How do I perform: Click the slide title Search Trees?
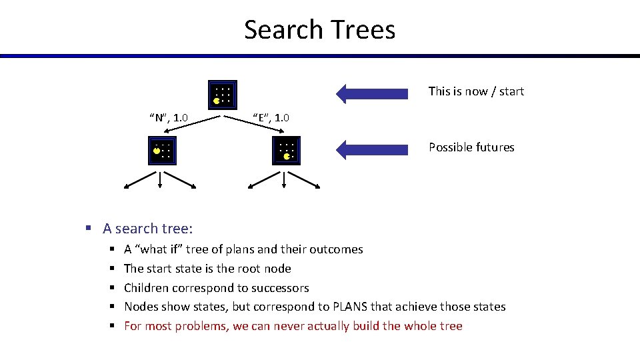(319, 29)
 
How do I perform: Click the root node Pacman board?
(222, 95)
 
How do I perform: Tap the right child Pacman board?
(287, 150)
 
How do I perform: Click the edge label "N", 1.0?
(168, 119)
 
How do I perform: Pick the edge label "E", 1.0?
(271, 118)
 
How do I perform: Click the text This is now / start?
(476, 91)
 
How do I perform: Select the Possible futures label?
(471, 147)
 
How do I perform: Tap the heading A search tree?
(147, 229)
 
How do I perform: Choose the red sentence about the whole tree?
(293, 326)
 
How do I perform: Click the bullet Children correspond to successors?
(216, 288)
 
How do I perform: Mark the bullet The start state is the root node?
(207, 269)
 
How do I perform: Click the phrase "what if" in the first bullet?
(158, 249)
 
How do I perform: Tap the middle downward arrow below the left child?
(161, 180)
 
